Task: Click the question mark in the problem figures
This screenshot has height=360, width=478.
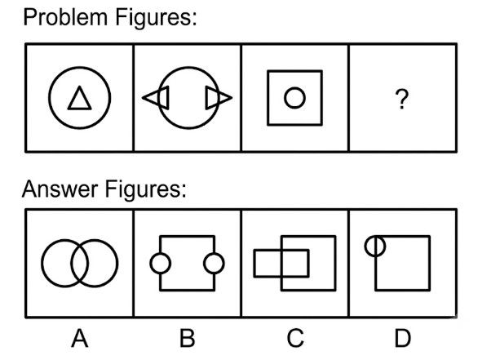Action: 402,99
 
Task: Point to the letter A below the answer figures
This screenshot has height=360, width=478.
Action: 80,338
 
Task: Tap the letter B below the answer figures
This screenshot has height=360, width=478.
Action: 187,338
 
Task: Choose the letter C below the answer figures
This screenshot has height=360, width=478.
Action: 295,338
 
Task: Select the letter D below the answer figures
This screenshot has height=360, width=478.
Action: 403,338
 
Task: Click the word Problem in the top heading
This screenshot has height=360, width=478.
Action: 65,17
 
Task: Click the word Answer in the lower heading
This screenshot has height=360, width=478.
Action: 60,189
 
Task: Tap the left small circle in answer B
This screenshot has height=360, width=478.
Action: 151,264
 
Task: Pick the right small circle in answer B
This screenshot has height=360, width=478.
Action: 224,264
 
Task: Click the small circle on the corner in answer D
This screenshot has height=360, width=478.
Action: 365,246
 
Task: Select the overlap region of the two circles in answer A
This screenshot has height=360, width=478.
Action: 80,264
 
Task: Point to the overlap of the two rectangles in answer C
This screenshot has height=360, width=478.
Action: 295,264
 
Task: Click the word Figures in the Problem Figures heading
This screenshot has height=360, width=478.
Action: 156,18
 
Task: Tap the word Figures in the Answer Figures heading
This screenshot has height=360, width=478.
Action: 145,189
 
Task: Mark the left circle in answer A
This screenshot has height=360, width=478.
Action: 42,264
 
